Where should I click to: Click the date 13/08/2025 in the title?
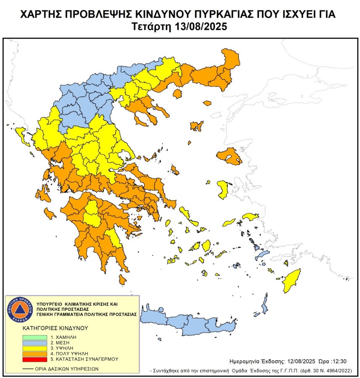tap(201, 26)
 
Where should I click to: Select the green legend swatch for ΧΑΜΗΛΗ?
tap(34, 337)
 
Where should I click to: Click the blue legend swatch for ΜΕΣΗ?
tap(34, 343)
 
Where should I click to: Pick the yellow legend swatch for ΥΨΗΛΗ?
tap(34, 348)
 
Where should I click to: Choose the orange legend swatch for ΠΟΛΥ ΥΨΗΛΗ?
tap(34, 354)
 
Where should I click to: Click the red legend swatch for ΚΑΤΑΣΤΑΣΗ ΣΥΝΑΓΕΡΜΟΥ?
tap(34, 359)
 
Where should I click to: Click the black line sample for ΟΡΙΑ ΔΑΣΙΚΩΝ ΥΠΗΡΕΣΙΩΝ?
tap(28, 369)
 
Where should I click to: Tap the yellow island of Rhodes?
tap(291, 281)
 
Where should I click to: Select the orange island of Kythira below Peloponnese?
tap(123, 279)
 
